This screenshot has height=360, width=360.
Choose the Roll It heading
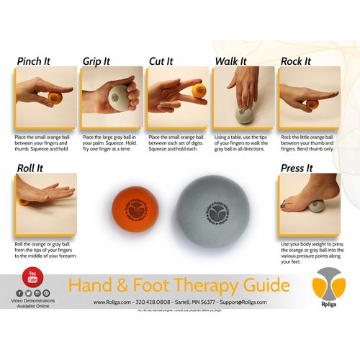(x=30, y=168)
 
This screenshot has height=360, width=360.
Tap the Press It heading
(x=297, y=168)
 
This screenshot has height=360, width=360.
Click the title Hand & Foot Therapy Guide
(x=179, y=285)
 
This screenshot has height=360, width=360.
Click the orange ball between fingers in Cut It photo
(x=198, y=91)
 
